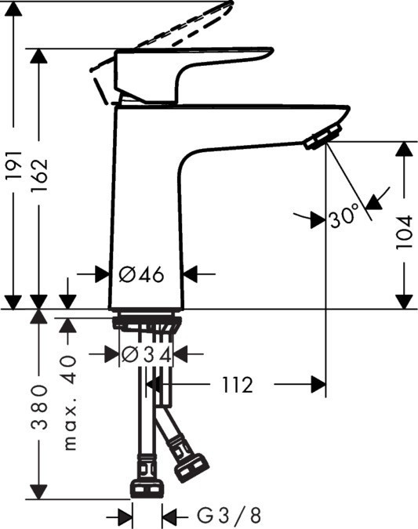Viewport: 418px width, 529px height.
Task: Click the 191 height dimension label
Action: pyautogui.click(x=13, y=165)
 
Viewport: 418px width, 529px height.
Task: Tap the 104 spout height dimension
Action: pyautogui.click(x=403, y=231)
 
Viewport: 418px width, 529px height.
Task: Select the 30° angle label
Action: pyautogui.click(x=343, y=216)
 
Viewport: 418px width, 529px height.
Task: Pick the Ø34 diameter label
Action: pyautogui.click(x=145, y=354)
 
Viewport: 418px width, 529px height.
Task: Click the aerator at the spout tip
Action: pyautogui.click(x=317, y=140)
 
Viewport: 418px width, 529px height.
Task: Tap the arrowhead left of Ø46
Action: pyautogui.click(x=102, y=274)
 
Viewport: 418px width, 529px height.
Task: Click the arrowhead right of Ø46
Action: pyautogui.click(x=191, y=274)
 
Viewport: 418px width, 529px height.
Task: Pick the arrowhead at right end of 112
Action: pyautogui.click(x=318, y=385)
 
